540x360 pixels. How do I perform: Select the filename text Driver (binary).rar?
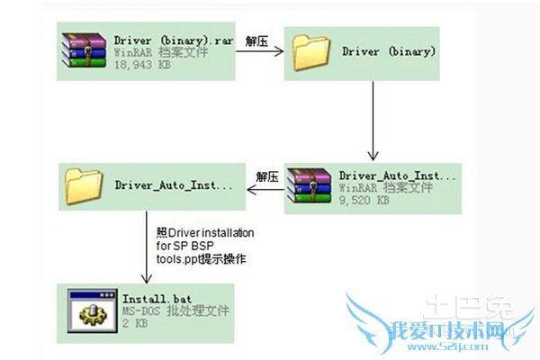point(173,40)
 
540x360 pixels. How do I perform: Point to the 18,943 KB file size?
point(142,66)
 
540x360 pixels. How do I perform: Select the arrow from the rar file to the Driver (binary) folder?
point(260,53)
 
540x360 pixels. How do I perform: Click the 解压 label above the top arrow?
point(258,40)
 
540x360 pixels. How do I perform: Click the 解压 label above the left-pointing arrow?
point(265,175)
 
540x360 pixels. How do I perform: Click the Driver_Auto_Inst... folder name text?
point(173,185)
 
